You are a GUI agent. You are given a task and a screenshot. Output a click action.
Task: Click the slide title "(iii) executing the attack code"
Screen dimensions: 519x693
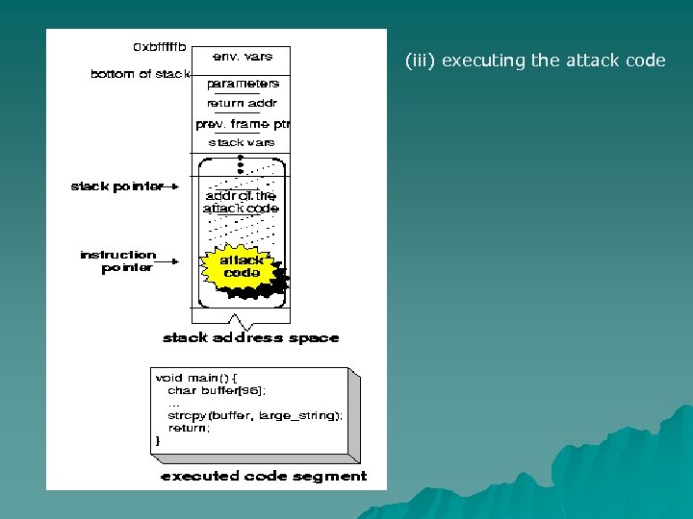[x=535, y=61]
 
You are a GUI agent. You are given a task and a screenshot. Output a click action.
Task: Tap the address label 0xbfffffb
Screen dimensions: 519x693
[x=159, y=46]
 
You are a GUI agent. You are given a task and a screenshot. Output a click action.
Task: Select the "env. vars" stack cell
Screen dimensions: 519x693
[x=242, y=57]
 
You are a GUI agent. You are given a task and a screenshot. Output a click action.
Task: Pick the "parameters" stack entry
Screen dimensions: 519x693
[x=243, y=85]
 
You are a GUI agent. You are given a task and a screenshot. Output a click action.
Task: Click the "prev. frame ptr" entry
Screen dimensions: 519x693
[x=243, y=124]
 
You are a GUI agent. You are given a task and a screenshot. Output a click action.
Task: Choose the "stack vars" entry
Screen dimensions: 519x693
[x=242, y=142]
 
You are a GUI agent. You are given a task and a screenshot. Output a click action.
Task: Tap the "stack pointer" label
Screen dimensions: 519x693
[x=116, y=186]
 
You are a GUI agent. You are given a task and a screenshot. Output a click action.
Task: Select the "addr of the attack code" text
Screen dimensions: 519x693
[x=241, y=202]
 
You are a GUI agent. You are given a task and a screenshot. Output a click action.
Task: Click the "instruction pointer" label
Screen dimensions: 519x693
[x=117, y=261]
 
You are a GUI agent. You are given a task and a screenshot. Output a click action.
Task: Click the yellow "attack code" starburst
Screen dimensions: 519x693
[x=242, y=266]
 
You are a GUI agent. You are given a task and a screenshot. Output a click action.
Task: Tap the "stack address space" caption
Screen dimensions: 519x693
[x=251, y=337]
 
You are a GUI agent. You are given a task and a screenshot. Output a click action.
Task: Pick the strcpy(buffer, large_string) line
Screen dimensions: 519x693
[x=255, y=415]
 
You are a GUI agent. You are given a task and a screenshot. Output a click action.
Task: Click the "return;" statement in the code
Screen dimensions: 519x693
[x=189, y=428]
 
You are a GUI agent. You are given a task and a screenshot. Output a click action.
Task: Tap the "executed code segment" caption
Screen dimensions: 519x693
[x=264, y=476]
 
